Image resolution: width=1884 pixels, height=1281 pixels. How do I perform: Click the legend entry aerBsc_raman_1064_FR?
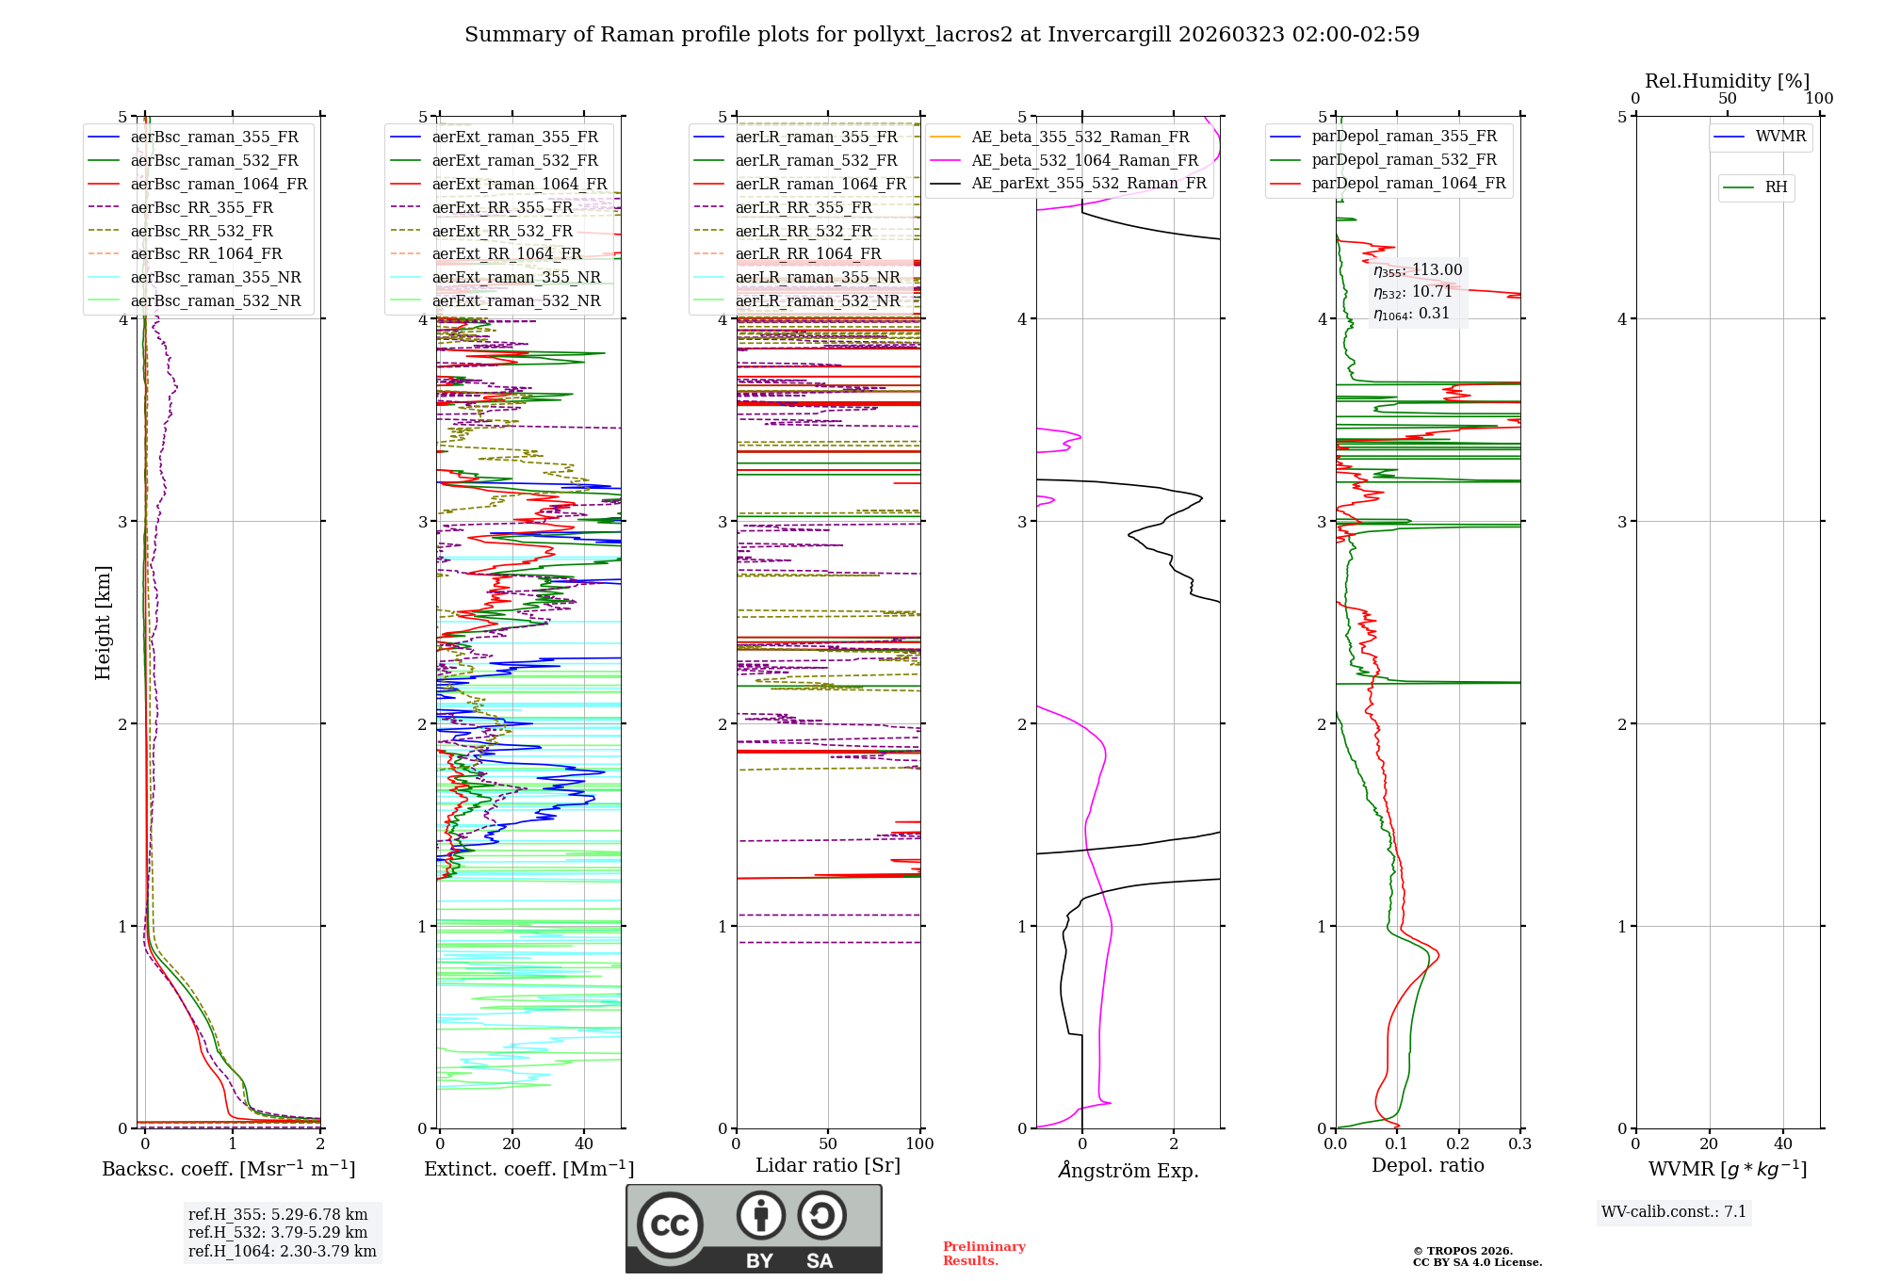[219, 185]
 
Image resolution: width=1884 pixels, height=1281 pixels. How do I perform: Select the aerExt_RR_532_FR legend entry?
[502, 232]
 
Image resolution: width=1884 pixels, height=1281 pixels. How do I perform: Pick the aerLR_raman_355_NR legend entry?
[817, 278]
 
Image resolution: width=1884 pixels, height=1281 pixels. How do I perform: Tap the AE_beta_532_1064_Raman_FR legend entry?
[1084, 161]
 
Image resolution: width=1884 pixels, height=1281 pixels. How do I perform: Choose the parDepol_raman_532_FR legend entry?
[1404, 160]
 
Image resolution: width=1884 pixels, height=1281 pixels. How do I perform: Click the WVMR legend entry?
[1780, 137]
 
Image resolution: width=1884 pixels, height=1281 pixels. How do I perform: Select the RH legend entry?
[1776, 187]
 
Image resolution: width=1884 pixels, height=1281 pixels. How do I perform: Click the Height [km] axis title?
[103, 623]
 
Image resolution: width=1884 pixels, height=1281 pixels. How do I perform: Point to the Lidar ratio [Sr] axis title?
[827, 1166]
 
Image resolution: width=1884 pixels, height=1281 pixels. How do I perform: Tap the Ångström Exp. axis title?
[1128, 1171]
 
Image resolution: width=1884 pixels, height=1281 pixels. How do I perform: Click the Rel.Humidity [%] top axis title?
[1727, 81]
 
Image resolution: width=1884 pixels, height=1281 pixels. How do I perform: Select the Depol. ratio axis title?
[1427, 1166]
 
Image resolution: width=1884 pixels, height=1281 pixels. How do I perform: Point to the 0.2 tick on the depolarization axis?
[1458, 1144]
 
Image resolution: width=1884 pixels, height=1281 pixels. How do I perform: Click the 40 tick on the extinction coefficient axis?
[584, 1144]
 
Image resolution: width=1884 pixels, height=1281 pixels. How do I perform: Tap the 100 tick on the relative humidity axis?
[1819, 99]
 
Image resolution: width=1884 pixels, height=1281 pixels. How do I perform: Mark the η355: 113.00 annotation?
[1418, 271]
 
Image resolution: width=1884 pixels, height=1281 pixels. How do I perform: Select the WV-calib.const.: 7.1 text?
[1674, 1212]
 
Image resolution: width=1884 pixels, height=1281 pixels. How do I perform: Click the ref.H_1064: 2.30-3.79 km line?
[282, 1252]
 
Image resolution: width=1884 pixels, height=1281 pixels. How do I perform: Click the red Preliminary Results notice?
[983, 1254]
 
